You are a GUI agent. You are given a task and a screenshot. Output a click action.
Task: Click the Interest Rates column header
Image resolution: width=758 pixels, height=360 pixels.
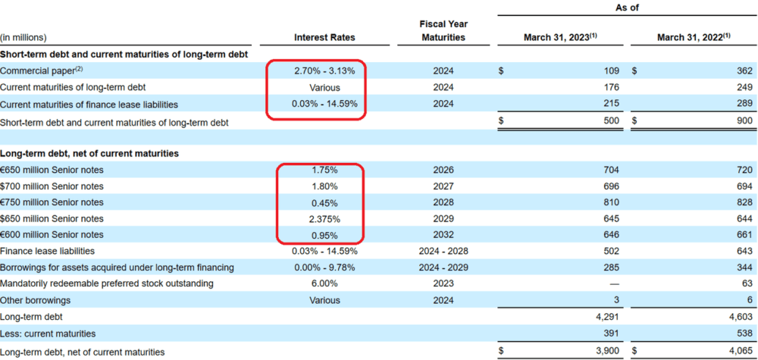pyautogui.click(x=324, y=37)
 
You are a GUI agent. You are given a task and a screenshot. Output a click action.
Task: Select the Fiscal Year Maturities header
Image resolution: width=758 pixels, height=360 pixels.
pyautogui.click(x=443, y=30)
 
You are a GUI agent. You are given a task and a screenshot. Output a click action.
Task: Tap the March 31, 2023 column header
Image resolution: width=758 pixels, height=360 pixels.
pyautogui.click(x=561, y=37)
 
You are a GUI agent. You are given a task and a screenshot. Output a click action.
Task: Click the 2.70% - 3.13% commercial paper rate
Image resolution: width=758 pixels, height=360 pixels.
pyautogui.click(x=324, y=71)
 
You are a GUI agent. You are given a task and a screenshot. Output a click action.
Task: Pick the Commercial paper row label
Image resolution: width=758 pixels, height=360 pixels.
pyautogui.click(x=42, y=70)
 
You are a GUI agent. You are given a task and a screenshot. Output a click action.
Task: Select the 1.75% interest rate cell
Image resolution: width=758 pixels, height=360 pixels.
pyautogui.click(x=324, y=170)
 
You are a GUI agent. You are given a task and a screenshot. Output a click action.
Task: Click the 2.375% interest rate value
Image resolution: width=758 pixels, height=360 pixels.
pyautogui.click(x=324, y=219)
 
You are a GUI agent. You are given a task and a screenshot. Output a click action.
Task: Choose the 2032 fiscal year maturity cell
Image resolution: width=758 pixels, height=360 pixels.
pyautogui.click(x=443, y=235)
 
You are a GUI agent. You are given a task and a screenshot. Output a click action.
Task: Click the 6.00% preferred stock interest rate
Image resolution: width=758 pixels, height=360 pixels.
pyautogui.click(x=324, y=283)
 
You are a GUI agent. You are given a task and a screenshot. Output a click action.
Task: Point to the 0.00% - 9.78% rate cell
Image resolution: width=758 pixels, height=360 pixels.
pyautogui.click(x=324, y=268)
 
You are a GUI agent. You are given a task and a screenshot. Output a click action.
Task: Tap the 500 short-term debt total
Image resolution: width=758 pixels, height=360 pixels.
pyautogui.click(x=611, y=121)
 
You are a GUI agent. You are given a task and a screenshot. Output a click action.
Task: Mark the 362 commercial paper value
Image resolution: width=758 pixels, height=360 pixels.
pyautogui.click(x=744, y=71)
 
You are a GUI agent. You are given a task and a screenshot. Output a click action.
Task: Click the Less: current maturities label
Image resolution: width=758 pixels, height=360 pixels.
pyautogui.click(x=48, y=333)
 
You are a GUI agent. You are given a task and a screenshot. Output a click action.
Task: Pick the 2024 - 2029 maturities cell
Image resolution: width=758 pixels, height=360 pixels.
pyautogui.click(x=443, y=268)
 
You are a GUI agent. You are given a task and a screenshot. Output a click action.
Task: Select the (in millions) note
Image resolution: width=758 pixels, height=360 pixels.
pyautogui.click(x=23, y=37)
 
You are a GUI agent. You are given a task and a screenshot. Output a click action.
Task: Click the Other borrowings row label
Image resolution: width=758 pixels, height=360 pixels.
pyautogui.click(x=36, y=300)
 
